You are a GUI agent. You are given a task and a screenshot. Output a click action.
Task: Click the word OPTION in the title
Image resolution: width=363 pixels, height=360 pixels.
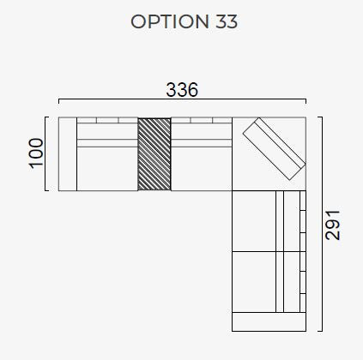(x=170, y=21)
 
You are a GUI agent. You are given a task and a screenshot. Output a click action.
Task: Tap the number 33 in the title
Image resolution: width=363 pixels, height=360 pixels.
(x=227, y=21)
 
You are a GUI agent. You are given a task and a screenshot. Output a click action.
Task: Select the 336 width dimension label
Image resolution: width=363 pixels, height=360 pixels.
(x=182, y=89)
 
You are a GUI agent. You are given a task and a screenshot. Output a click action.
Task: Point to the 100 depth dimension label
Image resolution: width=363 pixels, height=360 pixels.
(x=37, y=153)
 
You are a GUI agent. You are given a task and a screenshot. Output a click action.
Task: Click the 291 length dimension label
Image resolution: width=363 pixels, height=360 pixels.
(x=333, y=225)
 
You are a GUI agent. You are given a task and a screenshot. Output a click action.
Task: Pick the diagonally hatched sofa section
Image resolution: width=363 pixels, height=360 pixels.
(x=154, y=154)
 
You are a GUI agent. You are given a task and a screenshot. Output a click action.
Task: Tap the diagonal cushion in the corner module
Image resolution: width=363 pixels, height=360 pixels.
(x=274, y=149)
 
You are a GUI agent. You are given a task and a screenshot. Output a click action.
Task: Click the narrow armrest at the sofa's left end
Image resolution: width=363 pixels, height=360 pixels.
(x=68, y=154)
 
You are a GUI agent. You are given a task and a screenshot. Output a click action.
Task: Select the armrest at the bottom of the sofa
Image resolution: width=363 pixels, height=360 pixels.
(x=269, y=321)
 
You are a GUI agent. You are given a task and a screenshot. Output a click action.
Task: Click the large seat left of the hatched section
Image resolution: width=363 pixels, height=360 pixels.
(x=107, y=169)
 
